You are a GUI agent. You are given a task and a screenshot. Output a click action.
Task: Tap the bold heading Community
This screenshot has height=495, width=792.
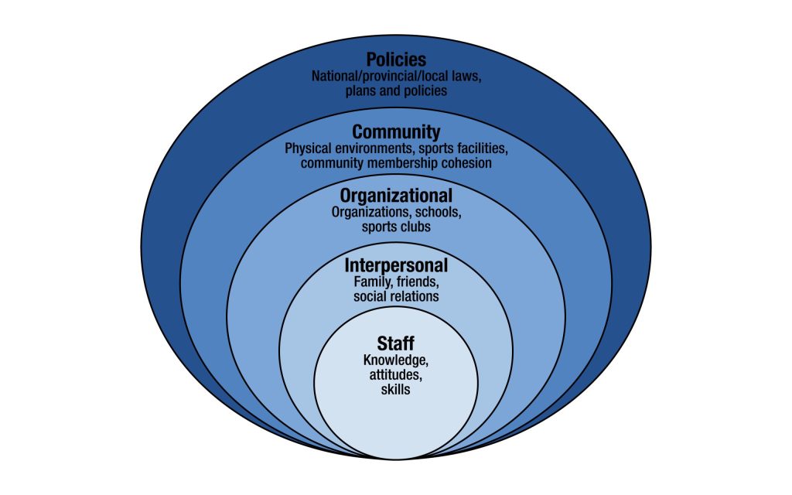point(396,131)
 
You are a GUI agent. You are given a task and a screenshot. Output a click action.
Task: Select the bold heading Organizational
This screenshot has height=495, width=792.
point(396,196)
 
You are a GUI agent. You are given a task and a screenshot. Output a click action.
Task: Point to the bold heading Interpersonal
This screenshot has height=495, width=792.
point(396,266)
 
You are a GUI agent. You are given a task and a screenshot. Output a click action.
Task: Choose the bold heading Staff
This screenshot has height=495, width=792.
point(396,343)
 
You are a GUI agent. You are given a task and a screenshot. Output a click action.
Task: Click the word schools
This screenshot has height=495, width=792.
point(436,213)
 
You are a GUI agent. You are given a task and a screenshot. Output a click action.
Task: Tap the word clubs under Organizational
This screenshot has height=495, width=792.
point(415,228)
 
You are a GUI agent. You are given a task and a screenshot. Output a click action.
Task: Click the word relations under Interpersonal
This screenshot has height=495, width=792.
point(417,297)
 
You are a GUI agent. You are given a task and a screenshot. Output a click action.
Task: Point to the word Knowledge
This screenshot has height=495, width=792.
point(395,360)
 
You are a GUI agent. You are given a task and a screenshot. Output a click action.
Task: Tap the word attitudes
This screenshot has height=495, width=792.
point(395,375)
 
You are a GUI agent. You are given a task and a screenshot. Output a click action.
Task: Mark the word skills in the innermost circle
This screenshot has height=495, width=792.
point(395,391)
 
